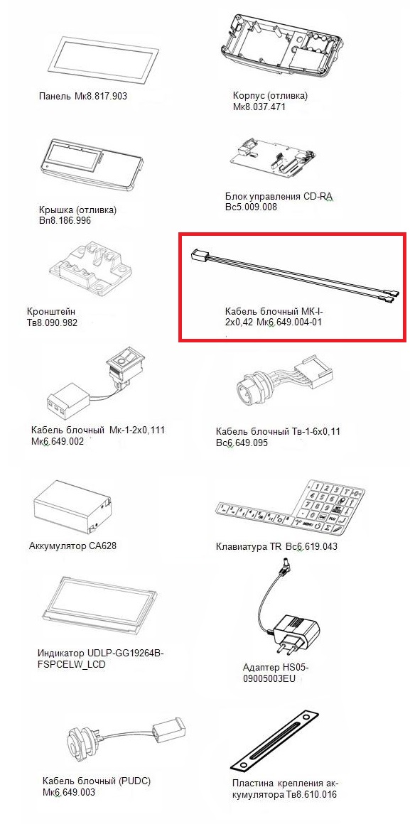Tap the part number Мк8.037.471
[x=259, y=107]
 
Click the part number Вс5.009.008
[x=250, y=207]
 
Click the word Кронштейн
[x=51, y=311]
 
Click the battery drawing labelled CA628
[x=73, y=508]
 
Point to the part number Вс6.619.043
[x=312, y=546]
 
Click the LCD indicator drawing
[x=98, y=605]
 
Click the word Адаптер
[x=260, y=668]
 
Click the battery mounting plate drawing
[x=275, y=739]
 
